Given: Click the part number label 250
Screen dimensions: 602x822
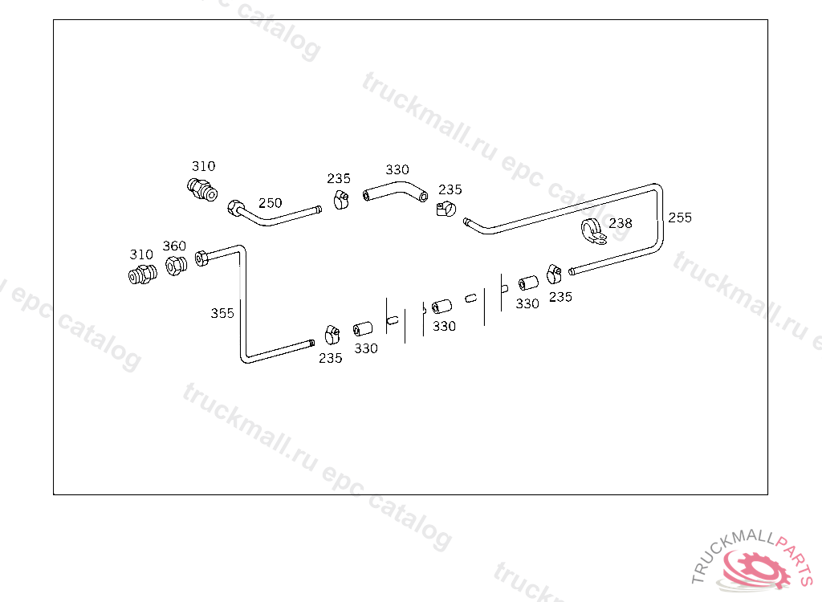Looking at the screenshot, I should pyautogui.click(x=270, y=203).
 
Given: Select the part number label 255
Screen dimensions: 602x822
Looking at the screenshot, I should pyautogui.click(x=679, y=218).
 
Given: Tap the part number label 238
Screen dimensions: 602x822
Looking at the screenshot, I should pyautogui.click(x=620, y=223).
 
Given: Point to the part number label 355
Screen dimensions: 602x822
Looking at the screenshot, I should pyautogui.click(x=222, y=313).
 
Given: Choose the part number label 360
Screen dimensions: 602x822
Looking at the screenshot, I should pyautogui.click(x=174, y=246).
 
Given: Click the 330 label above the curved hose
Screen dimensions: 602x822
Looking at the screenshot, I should pyautogui.click(x=397, y=170).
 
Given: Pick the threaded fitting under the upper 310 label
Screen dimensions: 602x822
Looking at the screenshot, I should pyautogui.click(x=201, y=190).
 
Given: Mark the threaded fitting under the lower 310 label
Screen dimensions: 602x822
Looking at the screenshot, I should pyautogui.click(x=142, y=275).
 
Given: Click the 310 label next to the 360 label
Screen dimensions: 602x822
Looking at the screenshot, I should pyautogui.click(x=141, y=254).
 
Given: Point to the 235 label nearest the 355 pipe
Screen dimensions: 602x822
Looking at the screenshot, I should pyautogui.click(x=330, y=358).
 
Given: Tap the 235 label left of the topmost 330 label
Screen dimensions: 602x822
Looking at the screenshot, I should pyautogui.click(x=339, y=179).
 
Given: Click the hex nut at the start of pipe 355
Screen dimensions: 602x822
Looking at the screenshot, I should pyautogui.click(x=201, y=257).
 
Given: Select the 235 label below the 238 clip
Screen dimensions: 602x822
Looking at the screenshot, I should pyautogui.click(x=560, y=297).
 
